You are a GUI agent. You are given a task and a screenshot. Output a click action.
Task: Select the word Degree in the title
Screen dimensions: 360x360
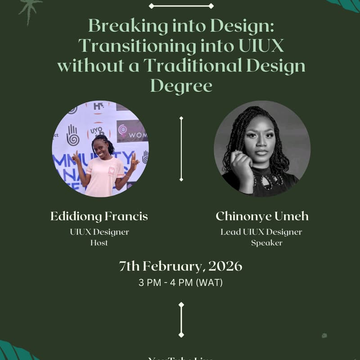[x=181, y=85]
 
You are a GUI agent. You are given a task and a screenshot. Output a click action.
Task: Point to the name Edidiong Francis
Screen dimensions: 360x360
[x=99, y=216]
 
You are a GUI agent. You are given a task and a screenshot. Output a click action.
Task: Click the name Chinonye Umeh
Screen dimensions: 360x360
[x=262, y=216]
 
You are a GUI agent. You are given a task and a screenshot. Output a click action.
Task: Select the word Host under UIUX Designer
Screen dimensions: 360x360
[x=99, y=243]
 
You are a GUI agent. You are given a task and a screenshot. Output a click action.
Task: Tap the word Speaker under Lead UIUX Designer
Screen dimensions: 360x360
[x=266, y=243]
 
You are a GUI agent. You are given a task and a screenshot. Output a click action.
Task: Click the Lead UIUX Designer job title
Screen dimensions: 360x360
[x=261, y=232]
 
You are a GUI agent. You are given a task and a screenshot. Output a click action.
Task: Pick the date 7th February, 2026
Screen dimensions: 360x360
[x=180, y=266]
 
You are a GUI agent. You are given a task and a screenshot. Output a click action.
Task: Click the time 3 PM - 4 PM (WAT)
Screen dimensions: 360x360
[x=180, y=283]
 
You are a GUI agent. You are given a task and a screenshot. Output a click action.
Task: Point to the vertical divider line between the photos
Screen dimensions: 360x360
[x=181, y=148]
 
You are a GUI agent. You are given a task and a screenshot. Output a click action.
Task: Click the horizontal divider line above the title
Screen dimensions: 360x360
[x=181, y=6]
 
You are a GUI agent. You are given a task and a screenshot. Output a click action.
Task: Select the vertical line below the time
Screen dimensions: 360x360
[x=181, y=320]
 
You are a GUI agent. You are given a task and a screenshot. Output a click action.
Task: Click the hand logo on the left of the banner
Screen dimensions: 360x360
[x=72, y=135]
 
